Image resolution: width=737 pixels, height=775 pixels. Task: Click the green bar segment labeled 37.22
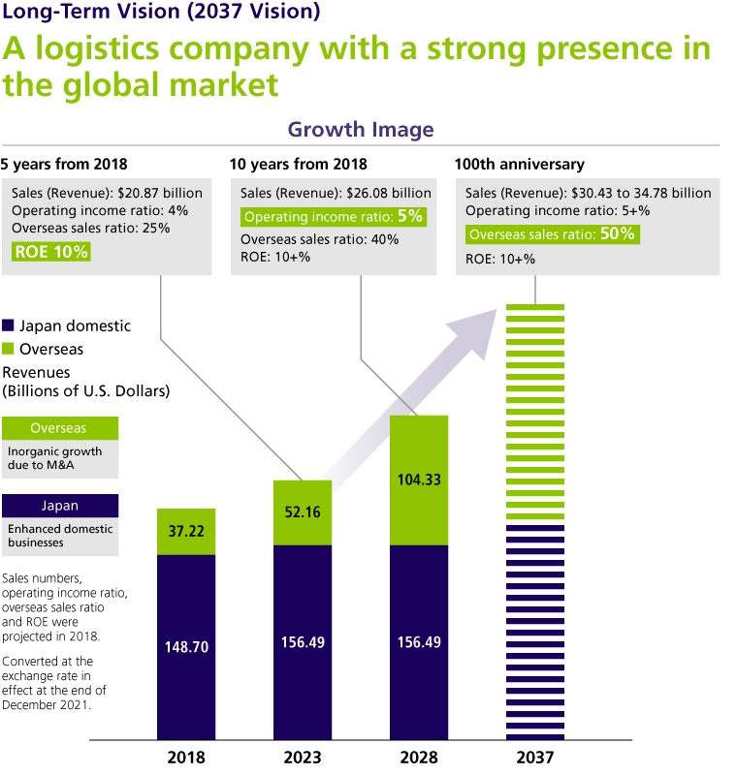(x=186, y=532)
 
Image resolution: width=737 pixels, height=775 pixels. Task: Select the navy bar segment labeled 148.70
(x=186, y=646)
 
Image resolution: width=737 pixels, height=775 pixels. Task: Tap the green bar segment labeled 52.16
(x=303, y=512)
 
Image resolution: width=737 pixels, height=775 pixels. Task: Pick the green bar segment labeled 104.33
(x=419, y=480)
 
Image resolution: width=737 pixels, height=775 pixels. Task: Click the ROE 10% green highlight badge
(x=51, y=252)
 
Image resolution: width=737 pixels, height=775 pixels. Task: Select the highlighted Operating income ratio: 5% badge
(x=334, y=217)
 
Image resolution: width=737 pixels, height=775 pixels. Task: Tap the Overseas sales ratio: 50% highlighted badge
(x=552, y=234)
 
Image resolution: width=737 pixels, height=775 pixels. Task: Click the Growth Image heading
(x=361, y=130)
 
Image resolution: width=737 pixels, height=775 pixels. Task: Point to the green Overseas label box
(x=60, y=428)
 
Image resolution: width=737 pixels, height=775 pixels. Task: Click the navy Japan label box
(x=60, y=506)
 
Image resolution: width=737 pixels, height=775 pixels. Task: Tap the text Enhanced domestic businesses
(x=60, y=536)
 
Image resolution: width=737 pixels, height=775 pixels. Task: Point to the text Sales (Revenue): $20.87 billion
(x=107, y=193)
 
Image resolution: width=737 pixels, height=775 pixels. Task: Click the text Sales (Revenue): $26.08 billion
(x=336, y=193)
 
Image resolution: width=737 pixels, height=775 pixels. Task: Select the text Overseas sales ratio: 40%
(x=319, y=239)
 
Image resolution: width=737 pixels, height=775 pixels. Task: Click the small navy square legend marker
(x=9, y=325)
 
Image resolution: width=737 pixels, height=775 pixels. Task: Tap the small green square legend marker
(x=9, y=348)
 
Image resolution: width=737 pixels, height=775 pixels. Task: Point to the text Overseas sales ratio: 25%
(x=90, y=228)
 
